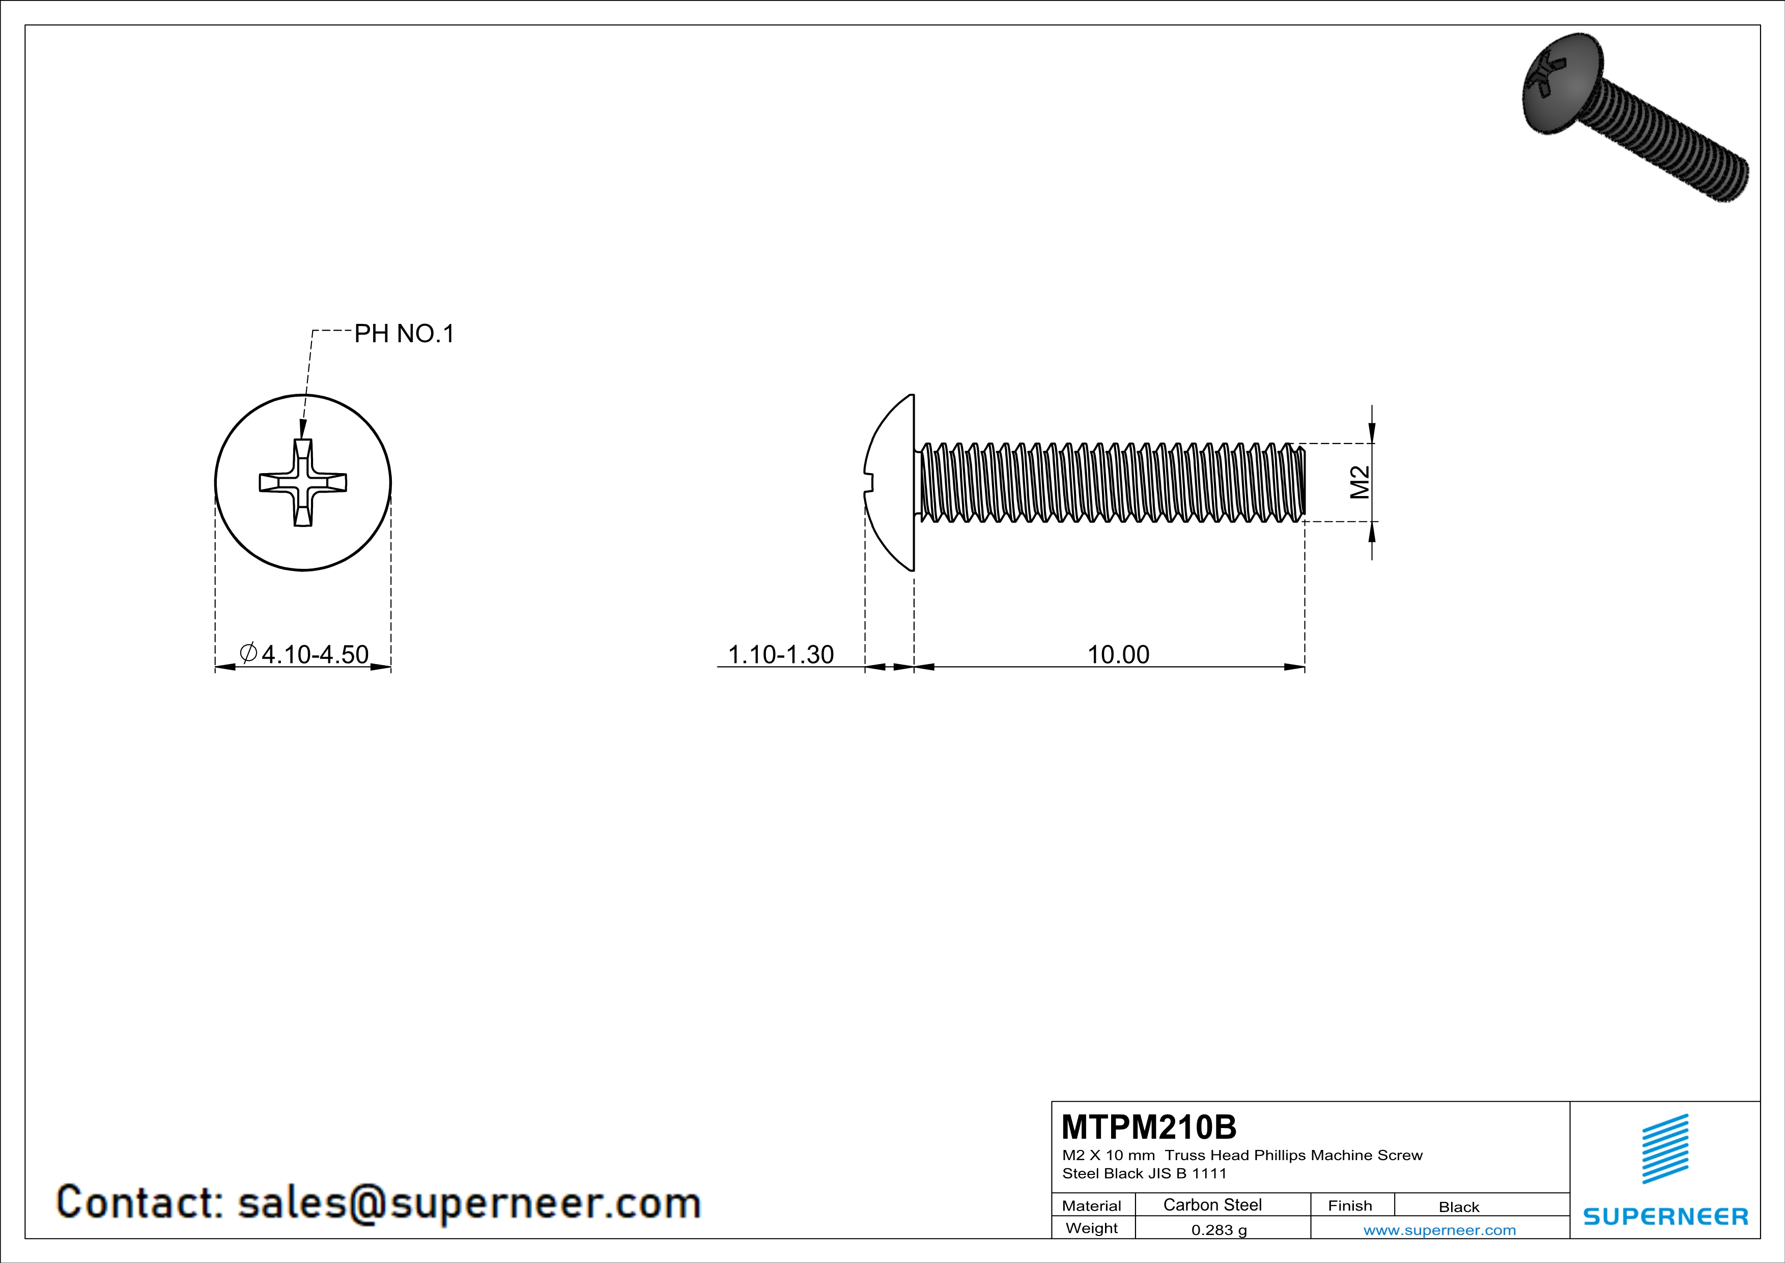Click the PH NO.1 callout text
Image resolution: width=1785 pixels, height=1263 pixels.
pos(404,334)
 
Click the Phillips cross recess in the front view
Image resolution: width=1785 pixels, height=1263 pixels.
pos(302,483)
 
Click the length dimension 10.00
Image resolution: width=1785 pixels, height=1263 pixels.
pos(1117,654)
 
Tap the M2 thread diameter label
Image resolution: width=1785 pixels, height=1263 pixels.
pos(1359,482)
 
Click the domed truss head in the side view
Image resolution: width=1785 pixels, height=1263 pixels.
pos(891,482)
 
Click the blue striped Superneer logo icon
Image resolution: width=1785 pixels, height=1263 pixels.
pos(1664,1149)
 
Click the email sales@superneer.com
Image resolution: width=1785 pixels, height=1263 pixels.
pos(469,1202)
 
